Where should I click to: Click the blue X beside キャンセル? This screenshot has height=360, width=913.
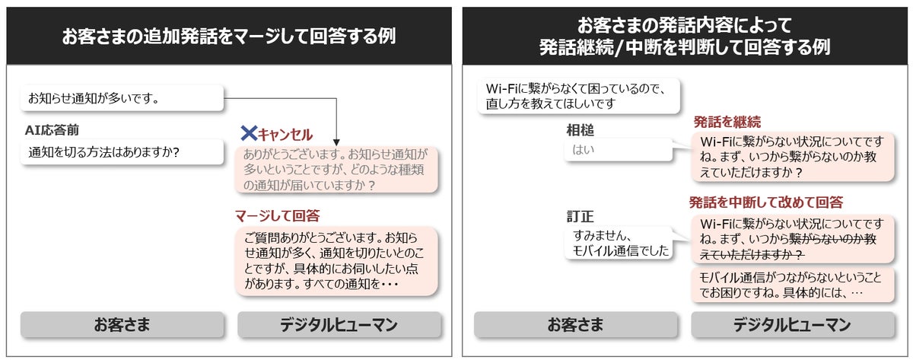[x=248, y=134]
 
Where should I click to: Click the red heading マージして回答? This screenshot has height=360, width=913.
[x=277, y=215]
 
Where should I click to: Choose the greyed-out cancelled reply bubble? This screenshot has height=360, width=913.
[x=337, y=169]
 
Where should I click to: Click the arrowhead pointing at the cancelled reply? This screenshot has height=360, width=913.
[x=336, y=142]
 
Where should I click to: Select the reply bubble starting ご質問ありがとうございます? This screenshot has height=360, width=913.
[x=337, y=261]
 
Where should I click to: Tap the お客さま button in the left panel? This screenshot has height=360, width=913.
[x=121, y=325]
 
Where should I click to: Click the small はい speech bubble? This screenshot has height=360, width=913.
[x=619, y=149]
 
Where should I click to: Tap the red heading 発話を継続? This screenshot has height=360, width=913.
[x=727, y=122]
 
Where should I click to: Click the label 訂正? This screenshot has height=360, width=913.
[x=580, y=216]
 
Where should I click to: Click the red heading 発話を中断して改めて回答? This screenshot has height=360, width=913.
[x=765, y=202]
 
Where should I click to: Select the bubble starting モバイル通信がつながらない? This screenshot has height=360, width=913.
[x=792, y=283]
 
